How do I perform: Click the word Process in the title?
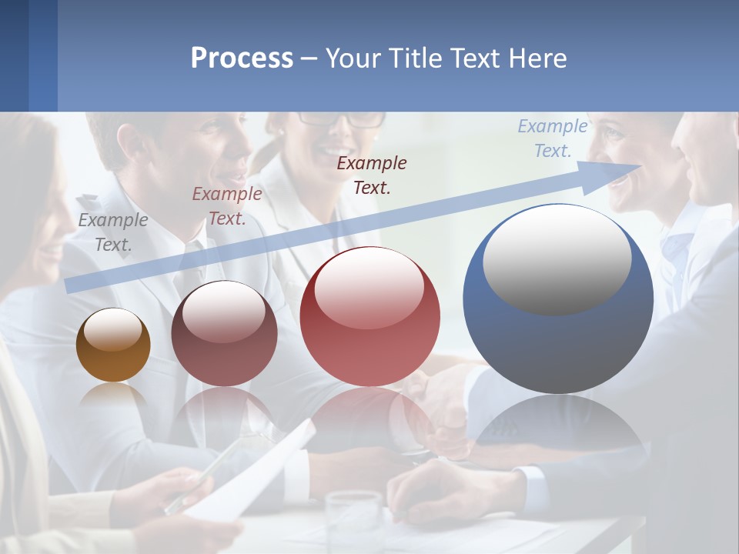tap(242, 58)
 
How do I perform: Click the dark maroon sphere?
tap(224, 334)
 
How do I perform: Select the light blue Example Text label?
tap(553, 138)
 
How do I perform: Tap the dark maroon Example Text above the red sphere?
tap(372, 175)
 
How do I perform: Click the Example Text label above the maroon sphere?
tap(227, 206)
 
